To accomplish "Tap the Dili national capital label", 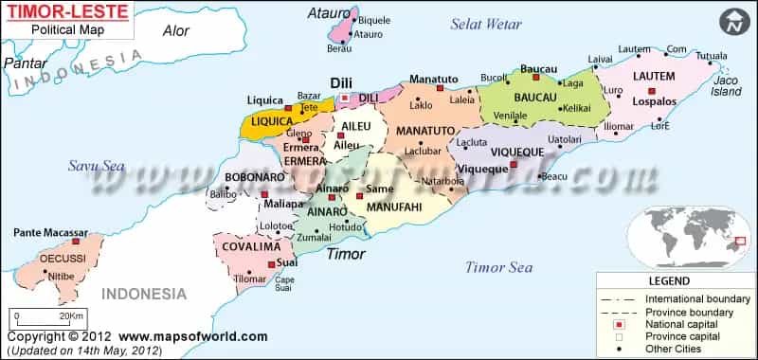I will [341, 83].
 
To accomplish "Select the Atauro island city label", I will [368, 35].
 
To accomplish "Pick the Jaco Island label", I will [728, 87].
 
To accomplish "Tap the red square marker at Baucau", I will [535, 77].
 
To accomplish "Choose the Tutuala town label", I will [712, 55].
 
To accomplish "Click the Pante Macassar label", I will [51, 232].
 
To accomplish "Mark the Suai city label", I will [288, 264].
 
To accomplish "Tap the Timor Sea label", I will [498, 267].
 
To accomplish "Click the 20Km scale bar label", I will [71, 315].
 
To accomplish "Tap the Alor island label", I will [176, 30].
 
